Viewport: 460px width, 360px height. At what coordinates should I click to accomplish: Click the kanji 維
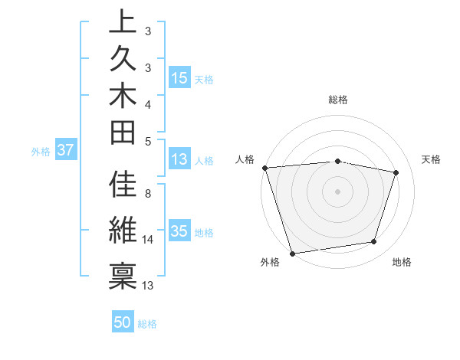[x=123, y=230]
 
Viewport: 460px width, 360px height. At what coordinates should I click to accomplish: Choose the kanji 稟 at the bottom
[x=123, y=274]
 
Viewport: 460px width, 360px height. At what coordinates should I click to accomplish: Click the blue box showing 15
[x=179, y=78]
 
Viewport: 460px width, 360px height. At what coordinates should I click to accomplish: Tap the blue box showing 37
[x=65, y=150]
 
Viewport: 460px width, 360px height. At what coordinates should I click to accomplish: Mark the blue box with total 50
[x=123, y=322]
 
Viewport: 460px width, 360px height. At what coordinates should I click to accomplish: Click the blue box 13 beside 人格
[x=179, y=159]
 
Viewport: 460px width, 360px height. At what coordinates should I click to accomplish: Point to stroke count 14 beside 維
[x=148, y=240]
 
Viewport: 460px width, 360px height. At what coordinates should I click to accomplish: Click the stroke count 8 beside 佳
[x=148, y=194]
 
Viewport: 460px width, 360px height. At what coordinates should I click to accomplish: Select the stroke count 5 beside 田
[x=148, y=141]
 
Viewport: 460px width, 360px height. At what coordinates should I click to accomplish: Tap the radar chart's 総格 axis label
[x=338, y=100]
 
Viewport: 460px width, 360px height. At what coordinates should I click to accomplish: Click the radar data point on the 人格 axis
[x=264, y=168]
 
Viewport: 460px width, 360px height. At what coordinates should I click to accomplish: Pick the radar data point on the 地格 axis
[x=374, y=242]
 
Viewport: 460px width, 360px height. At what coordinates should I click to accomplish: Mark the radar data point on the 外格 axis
[x=292, y=253]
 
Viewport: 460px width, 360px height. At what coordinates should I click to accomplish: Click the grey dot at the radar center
[x=338, y=191]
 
